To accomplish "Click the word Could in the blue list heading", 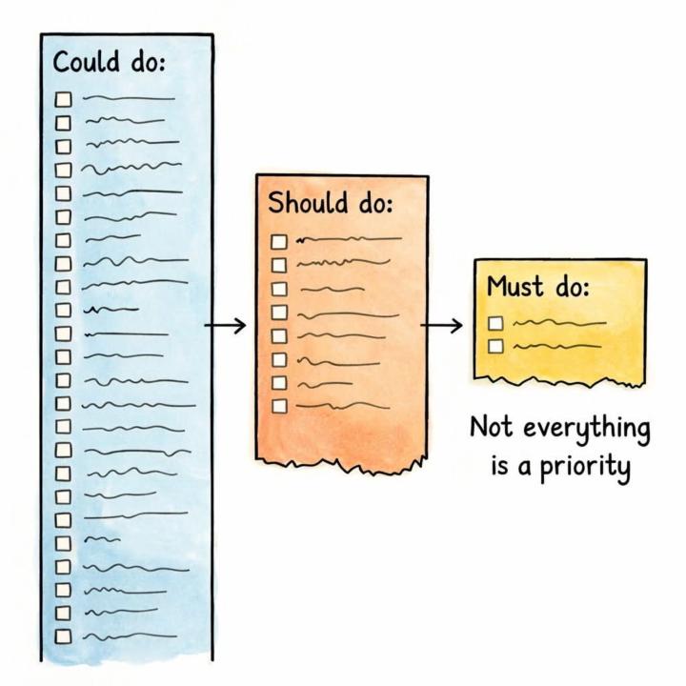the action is coord(86,61).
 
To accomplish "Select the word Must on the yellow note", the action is coord(515,286).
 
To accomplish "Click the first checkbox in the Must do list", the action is coord(495,323).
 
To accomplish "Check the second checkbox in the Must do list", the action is coord(495,346).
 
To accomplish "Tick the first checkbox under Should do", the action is coord(279,242).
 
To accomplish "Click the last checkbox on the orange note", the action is coord(279,406).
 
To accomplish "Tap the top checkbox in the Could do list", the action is coord(63,99).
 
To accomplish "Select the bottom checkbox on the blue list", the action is coord(64,636).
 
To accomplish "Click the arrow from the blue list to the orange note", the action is coord(225,325).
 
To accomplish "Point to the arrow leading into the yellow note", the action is coord(441,325).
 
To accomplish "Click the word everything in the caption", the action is coord(586,430).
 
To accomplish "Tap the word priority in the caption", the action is coord(585,467).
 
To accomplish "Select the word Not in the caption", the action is coord(491,427).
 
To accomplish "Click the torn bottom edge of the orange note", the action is coord(341,465).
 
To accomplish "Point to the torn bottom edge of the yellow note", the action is coord(559,381).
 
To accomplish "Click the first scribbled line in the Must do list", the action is coord(559,323).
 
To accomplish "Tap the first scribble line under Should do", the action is coord(349,239).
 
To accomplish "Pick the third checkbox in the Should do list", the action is coord(279,289).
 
